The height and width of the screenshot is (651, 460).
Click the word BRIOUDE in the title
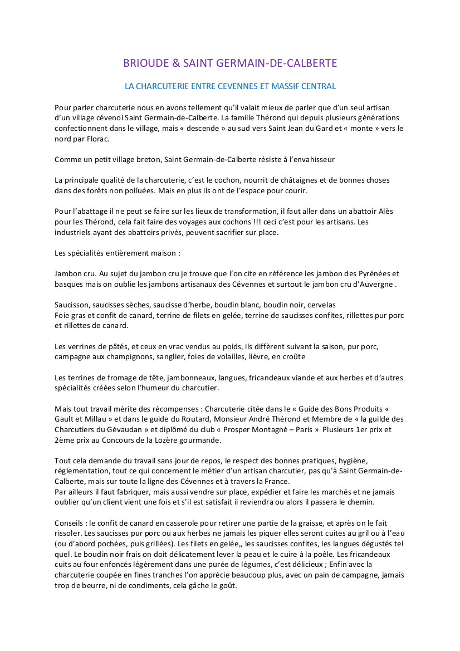click(144, 63)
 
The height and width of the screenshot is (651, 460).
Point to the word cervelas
click(320, 305)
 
